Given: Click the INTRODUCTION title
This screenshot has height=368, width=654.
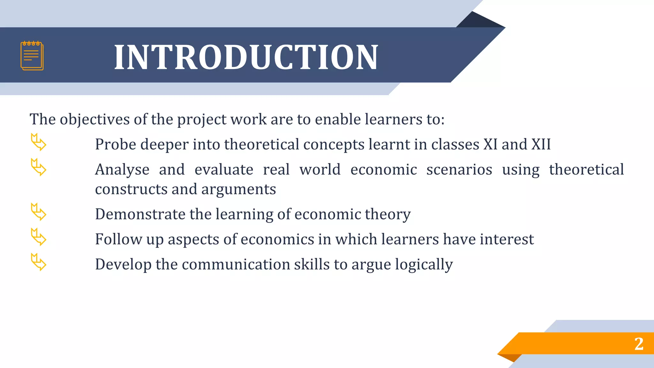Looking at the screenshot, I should point(246,57).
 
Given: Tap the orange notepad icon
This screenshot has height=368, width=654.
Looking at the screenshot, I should point(32,56).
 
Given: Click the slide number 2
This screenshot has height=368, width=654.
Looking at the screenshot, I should point(639,344).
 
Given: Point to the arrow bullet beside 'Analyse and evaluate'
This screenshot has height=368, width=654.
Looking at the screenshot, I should point(38,167).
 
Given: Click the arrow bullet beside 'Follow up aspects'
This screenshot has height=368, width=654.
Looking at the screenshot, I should point(38,237).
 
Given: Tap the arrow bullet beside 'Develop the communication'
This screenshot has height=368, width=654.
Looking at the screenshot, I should point(38,262).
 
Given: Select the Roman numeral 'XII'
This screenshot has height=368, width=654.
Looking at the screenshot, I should point(541,144).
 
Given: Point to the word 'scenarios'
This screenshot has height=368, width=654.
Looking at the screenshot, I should point(459,170).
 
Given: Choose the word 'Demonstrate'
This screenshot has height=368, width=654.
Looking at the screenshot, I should point(140,214).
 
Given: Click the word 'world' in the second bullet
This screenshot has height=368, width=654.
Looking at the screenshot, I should point(320,170).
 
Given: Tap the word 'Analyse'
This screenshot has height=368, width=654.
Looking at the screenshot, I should point(122,170).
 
